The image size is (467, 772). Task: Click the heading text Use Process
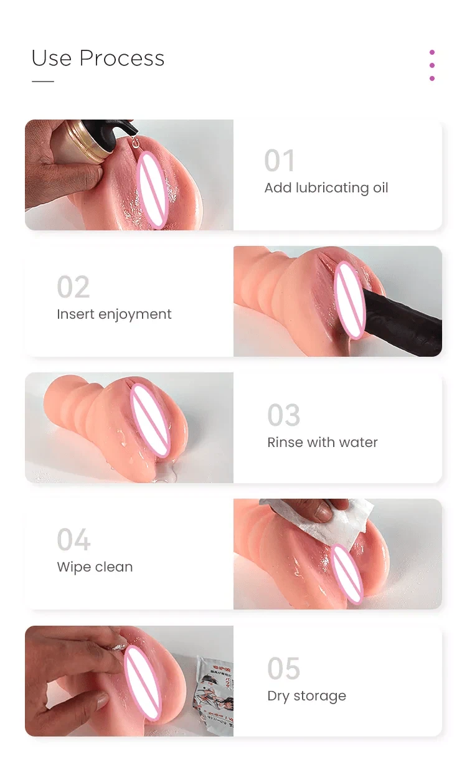[x=98, y=58]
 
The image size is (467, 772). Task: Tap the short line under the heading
[x=43, y=82]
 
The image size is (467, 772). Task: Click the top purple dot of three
[x=432, y=52]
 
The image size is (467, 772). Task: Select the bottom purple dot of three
[x=432, y=78]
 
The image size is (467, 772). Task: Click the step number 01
[x=279, y=160]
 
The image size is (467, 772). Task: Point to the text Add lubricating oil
[x=326, y=188]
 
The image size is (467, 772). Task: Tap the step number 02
[x=73, y=287]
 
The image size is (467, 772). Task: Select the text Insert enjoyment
[x=114, y=314]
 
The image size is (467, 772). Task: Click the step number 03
[x=284, y=415]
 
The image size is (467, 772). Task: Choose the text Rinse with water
[x=323, y=442]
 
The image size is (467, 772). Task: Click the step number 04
[x=73, y=540]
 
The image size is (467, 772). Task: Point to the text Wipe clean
[x=95, y=567]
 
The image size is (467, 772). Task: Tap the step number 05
[x=284, y=668]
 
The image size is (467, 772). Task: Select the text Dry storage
[x=307, y=696]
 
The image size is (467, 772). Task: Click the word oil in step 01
[x=380, y=188]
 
